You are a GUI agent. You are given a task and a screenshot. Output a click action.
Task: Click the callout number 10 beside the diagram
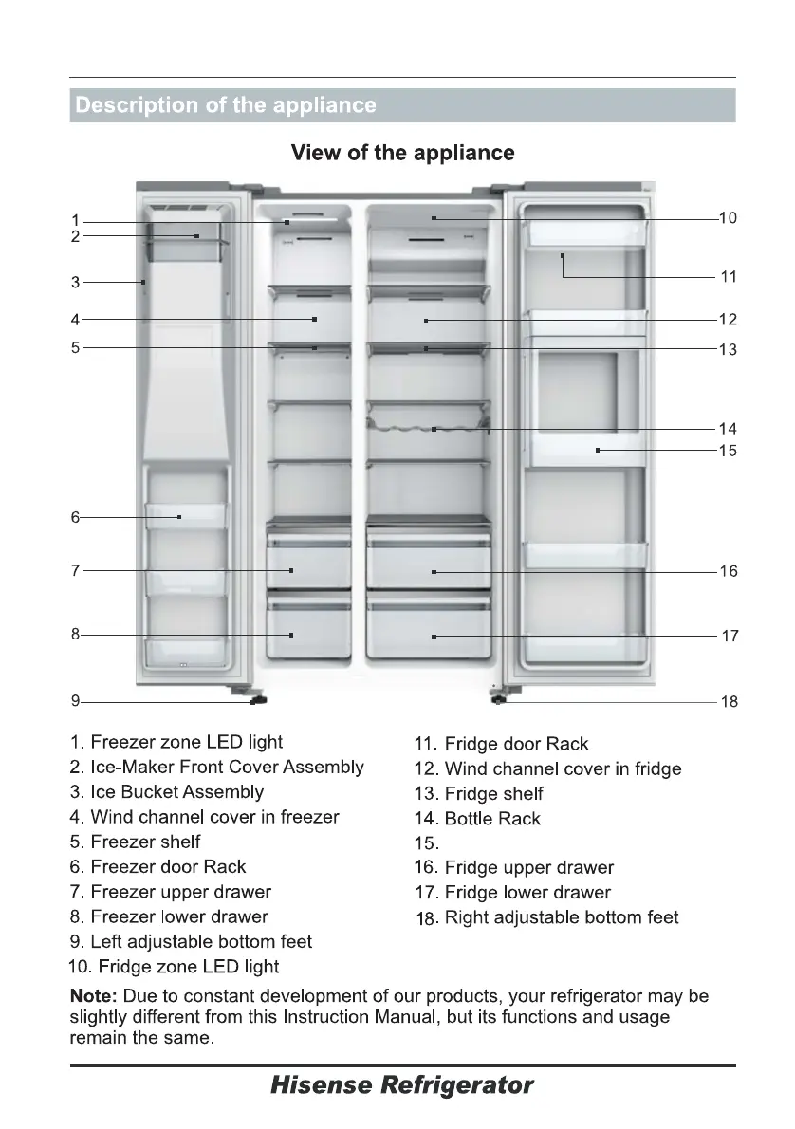click(x=728, y=218)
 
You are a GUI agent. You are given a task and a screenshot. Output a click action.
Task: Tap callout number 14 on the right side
click(x=728, y=429)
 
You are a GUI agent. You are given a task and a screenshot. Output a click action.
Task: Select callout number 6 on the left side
click(x=75, y=518)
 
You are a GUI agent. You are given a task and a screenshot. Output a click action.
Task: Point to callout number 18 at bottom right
click(x=729, y=703)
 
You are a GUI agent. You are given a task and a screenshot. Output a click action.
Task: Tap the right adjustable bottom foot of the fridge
click(x=498, y=700)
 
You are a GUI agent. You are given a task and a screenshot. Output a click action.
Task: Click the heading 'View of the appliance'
click(x=403, y=153)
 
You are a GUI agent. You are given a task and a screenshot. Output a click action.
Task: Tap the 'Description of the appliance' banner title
click(x=226, y=105)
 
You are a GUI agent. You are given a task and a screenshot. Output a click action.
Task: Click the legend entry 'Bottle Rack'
click(x=492, y=819)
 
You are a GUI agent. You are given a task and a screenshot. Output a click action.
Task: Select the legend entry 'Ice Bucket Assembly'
click(x=177, y=791)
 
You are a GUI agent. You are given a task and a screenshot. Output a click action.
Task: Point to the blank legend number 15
click(x=427, y=843)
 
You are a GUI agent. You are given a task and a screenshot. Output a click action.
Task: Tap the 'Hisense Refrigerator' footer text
click(x=402, y=1084)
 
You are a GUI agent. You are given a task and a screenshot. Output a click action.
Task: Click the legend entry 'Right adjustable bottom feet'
click(x=547, y=917)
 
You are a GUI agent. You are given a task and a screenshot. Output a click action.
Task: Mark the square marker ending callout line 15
click(x=598, y=451)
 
